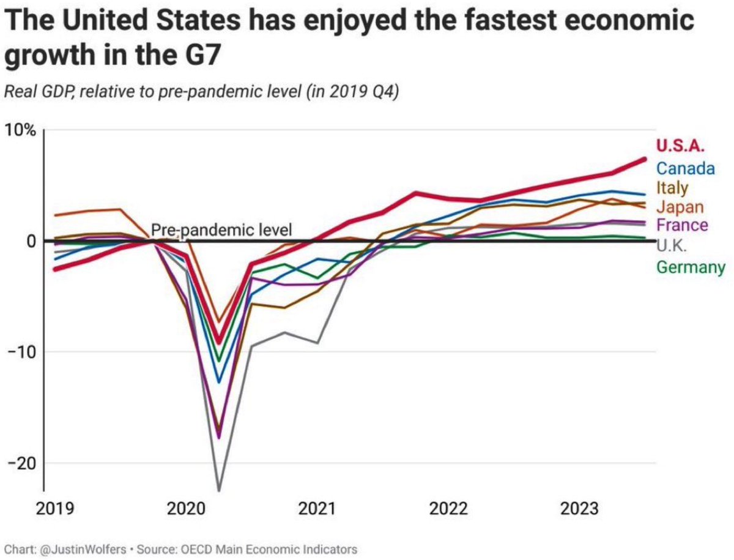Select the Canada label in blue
click(685, 167)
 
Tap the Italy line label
click(672, 187)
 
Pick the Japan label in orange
click(680, 207)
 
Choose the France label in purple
click(682, 225)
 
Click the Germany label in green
click(691, 267)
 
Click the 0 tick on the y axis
click(29, 241)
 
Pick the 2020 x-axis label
click(184, 509)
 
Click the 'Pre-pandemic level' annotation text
click(222, 230)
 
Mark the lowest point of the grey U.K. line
click(218, 490)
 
